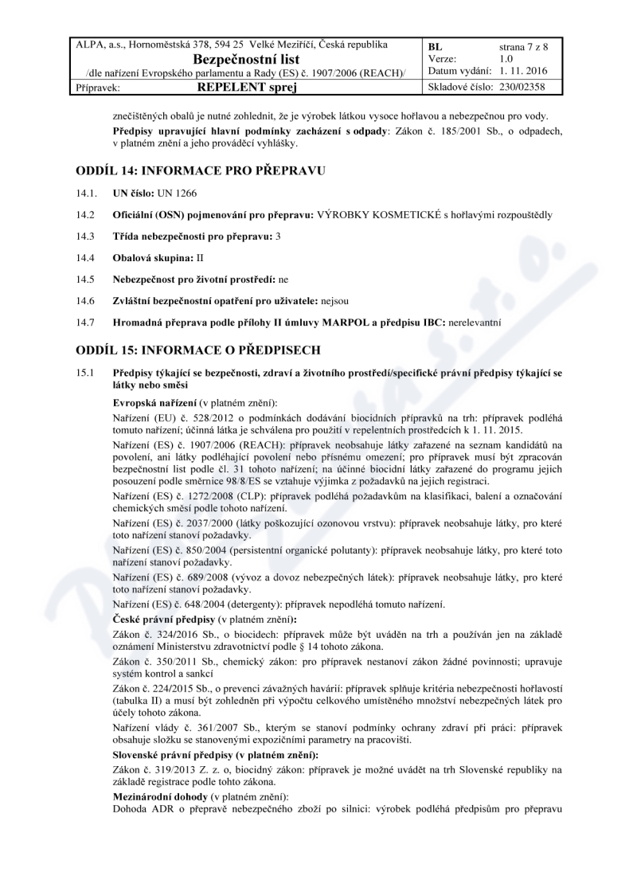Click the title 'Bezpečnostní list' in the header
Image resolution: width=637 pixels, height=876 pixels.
point(247,58)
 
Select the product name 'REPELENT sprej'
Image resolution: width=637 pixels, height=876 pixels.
point(247,87)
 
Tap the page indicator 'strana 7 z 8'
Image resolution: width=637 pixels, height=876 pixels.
point(523,47)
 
